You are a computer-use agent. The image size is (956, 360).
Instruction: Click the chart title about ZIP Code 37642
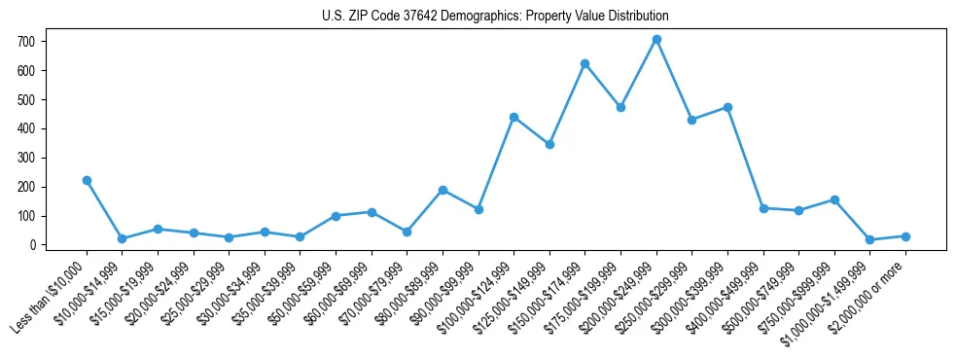coord(495,17)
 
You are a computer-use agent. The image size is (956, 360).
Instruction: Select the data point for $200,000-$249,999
coord(656,40)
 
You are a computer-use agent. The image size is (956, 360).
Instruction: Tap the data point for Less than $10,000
coord(87,180)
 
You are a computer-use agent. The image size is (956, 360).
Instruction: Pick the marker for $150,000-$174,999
coord(585,63)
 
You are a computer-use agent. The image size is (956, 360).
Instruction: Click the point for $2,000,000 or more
coord(905,236)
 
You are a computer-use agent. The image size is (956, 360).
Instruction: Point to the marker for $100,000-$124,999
coord(513,117)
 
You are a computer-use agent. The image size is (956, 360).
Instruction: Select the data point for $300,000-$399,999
coord(727,107)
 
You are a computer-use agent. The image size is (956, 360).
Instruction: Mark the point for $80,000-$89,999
coord(443,190)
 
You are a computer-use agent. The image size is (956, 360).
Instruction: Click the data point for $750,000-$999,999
coord(834,199)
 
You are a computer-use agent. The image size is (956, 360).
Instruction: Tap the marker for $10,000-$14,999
coord(122,238)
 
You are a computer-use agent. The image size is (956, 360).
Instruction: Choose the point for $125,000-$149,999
coord(549,144)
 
